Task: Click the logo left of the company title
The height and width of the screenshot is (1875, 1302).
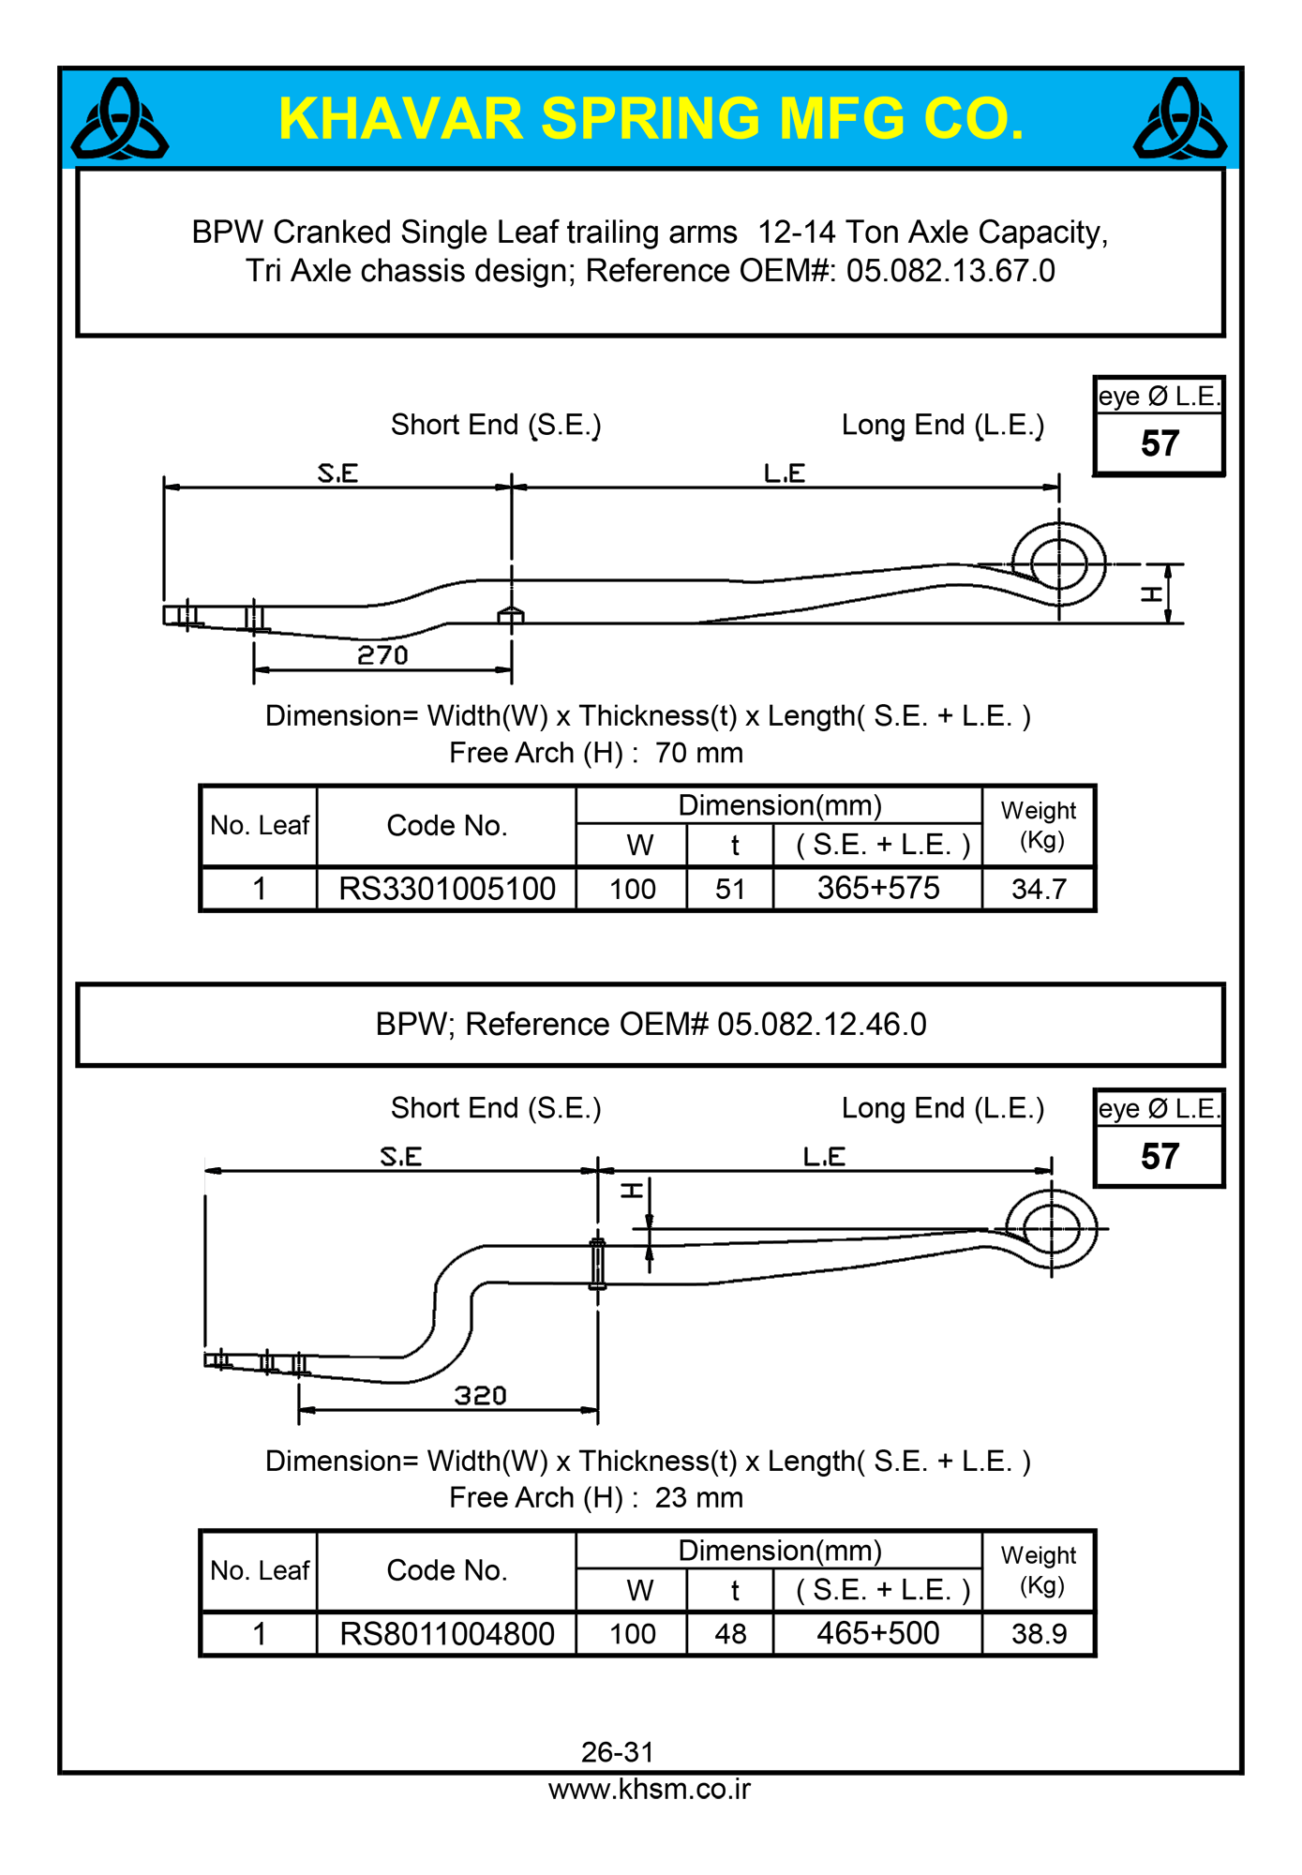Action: point(120,119)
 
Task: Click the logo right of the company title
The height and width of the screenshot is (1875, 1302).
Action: point(1179,119)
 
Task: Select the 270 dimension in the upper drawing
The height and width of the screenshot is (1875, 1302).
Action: point(382,655)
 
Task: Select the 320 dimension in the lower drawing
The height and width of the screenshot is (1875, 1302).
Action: point(480,1396)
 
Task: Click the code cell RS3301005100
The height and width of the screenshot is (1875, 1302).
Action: point(447,889)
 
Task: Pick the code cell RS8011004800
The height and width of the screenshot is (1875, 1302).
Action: point(447,1634)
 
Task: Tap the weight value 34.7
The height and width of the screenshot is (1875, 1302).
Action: point(1039,889)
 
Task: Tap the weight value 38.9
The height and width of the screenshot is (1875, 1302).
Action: point(1039,1634)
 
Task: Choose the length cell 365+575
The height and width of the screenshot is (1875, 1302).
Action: point(878,888)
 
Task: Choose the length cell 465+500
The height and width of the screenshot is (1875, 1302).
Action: point(878,1633)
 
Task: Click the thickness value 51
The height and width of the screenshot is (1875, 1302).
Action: point(730,889)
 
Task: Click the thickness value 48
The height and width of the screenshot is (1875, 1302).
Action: point(730,1634)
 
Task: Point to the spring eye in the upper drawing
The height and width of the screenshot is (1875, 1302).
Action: point(1059,564)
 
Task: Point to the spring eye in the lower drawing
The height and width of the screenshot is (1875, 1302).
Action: point(1052,1228)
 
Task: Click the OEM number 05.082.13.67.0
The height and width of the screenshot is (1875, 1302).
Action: point(950,271)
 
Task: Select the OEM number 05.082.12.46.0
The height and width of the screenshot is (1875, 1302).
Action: point(822,1025)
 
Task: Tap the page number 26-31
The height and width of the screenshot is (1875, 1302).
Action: point(618,1751)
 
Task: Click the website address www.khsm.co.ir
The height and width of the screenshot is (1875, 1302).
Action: point(650,1789)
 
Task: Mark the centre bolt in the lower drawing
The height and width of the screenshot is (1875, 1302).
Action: point(597,1263)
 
